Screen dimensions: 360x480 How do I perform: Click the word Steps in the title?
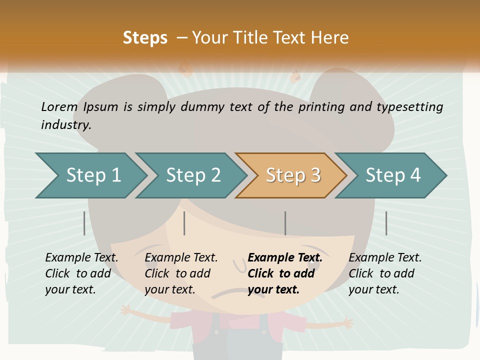(x=145, y=38)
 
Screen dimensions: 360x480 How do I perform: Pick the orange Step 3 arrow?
(x=293, y=175)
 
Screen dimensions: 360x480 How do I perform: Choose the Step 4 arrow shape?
(x=393, y=175)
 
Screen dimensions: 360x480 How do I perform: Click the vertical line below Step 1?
(x=84, y=223)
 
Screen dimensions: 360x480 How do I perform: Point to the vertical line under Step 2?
(x=184, y=223)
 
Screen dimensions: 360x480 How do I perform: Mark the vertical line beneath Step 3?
(x=285, y=223)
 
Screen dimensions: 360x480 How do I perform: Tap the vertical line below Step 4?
(x=386, y=223)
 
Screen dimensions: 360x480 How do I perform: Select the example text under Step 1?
(x=81, y=273)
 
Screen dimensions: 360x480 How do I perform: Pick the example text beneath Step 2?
(x=181, y=273)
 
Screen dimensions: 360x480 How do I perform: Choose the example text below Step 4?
(x=384, y=273)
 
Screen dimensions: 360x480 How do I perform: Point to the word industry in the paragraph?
(x=66, y=125)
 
